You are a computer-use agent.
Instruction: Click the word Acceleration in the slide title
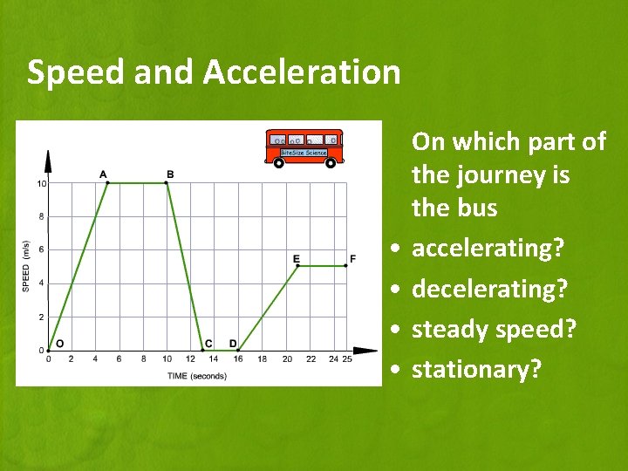(302, 72)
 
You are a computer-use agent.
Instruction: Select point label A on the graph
(104, 174)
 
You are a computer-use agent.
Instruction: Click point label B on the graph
(170, 174)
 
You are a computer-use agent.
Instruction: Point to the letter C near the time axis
(208, 344)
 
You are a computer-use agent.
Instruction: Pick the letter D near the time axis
(233, 344)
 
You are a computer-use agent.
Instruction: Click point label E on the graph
(297, 258)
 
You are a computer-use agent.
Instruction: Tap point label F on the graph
(352, 258)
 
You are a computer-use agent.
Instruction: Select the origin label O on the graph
(59, 344)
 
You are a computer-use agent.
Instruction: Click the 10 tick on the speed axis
(41, 184)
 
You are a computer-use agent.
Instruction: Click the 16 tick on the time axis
(238, 359)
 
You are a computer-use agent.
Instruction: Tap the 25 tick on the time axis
(347, 359)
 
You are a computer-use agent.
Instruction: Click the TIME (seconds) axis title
(196, 376)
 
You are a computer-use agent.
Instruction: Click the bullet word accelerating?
(488, 249)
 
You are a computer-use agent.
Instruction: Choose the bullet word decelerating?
(489, 289)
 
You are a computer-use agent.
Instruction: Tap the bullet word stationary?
(476, 370)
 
